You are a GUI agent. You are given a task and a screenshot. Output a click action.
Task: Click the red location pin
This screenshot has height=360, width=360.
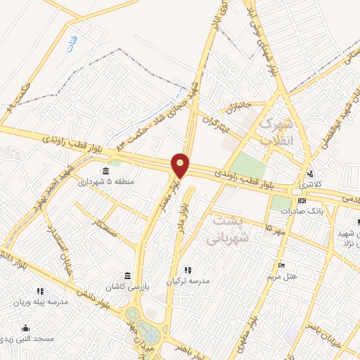181,165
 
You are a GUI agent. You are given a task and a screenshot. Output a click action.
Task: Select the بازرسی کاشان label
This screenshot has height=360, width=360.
124,287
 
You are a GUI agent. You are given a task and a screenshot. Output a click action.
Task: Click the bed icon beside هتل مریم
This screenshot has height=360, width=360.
282,266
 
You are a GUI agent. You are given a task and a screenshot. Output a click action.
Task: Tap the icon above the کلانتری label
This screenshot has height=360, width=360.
310,174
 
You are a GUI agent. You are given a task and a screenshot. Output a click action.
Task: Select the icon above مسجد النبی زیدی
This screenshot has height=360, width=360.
26,328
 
